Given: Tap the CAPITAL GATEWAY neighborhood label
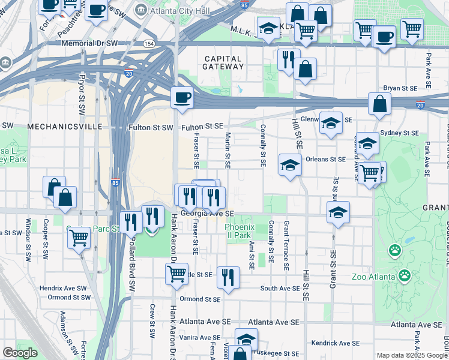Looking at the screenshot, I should [x=223, y=63].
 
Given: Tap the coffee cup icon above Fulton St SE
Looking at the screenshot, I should [x=182, y=97].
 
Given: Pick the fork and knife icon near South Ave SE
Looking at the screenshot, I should [x=228, y=277].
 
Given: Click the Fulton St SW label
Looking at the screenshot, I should [x=150, y=127].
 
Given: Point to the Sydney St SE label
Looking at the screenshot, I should [x=400, y=133].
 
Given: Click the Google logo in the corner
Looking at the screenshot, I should [x=20, y=353].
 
